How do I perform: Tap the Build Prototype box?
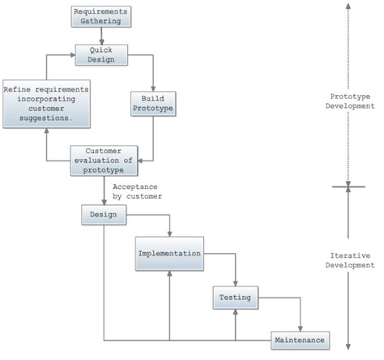click(x=153, y=102)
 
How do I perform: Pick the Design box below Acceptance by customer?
click(x=104, y=215)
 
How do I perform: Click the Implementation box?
click(x=169, y=254)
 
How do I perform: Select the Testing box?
click(x=235, y=298)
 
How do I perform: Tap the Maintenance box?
click(x=300, y=340)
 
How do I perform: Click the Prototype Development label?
click(x=347, y=101)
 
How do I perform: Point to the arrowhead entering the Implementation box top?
click(x=169, y=235)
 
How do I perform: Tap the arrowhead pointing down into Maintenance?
click(x=300, y=328)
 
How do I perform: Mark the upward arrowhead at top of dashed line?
click(x=347, y=5)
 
